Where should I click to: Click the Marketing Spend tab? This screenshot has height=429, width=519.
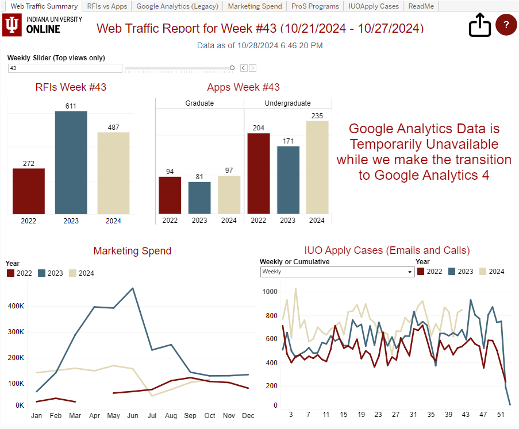pos(255,6)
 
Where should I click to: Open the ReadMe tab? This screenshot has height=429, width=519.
pos(421,6)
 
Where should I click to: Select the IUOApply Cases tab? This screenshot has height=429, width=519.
pos(374,6)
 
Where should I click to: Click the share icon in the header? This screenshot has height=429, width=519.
pos(479,25)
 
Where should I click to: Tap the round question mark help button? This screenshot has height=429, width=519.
pos(506,25)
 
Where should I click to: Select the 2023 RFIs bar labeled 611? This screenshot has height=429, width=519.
pos(71,163)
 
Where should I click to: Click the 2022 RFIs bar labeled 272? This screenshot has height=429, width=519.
pos(29,191)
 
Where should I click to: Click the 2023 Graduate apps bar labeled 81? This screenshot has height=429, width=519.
pos(199,198)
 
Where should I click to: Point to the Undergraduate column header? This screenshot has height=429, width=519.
pos(287,103)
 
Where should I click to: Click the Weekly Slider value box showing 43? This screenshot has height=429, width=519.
pos(65,68)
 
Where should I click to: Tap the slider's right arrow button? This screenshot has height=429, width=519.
pos(252,68)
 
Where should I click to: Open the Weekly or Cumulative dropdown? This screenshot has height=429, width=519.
pos(337,272)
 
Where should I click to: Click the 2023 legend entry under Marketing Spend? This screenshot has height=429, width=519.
pos(51,273)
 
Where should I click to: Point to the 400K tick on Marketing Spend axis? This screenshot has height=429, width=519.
pos(16,306)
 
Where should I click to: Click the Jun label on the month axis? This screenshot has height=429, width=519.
pos(133,416)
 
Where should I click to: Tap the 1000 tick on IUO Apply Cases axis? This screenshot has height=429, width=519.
pos(270,292)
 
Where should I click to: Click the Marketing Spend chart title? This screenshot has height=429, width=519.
pos(132,251)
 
